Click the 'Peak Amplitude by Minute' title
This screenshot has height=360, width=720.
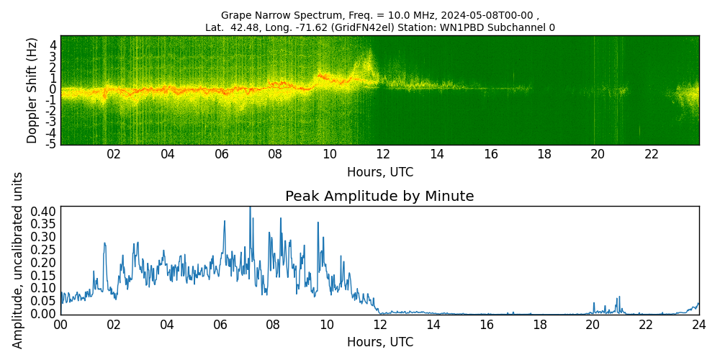click(x=379, y=196)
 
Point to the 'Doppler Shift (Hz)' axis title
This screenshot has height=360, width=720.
click(x=32, y=90)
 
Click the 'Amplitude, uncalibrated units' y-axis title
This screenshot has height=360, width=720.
click(x=18, y=260)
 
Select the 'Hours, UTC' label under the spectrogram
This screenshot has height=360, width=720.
click(x=379, y=172)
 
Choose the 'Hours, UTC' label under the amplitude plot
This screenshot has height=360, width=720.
click(x=379, y=342)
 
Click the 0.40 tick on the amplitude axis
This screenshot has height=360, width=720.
click(x=44, y=212)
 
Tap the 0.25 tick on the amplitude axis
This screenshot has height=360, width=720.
click(x=44, y=250)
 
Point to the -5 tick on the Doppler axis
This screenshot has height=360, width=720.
click(x=50, y=144)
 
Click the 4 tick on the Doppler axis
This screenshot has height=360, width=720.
click(x=53, y=44)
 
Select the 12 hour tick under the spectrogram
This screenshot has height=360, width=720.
click(x=382, y=154)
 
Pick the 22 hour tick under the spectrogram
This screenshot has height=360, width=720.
click(x=651, y=154)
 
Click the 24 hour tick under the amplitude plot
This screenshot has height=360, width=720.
click(x=698, y=324)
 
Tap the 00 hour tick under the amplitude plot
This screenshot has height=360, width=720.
click(x=60, y=324)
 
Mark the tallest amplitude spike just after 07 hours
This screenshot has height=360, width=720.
click(x=250, y=209)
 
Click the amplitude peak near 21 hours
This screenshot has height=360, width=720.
click(x=618, y=297)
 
